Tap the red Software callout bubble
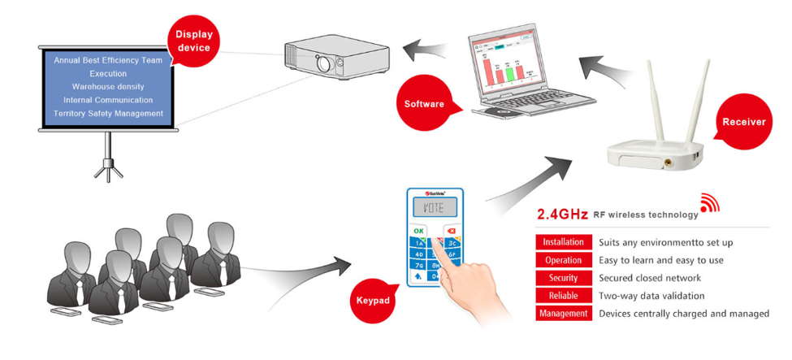tap(424, 104)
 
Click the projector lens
tap(325, 62)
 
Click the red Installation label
tap(563, 242)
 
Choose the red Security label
tap(563, 278)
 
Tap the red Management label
tap(563, 314)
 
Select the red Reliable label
tap(563, 296)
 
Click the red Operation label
tap(563, 260)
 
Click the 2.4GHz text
tap(562, 215)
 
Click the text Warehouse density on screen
tap(108, 86)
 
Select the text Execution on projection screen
tap(108, 73)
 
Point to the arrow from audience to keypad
tap(301, 267)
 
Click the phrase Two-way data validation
tap(651, 296)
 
